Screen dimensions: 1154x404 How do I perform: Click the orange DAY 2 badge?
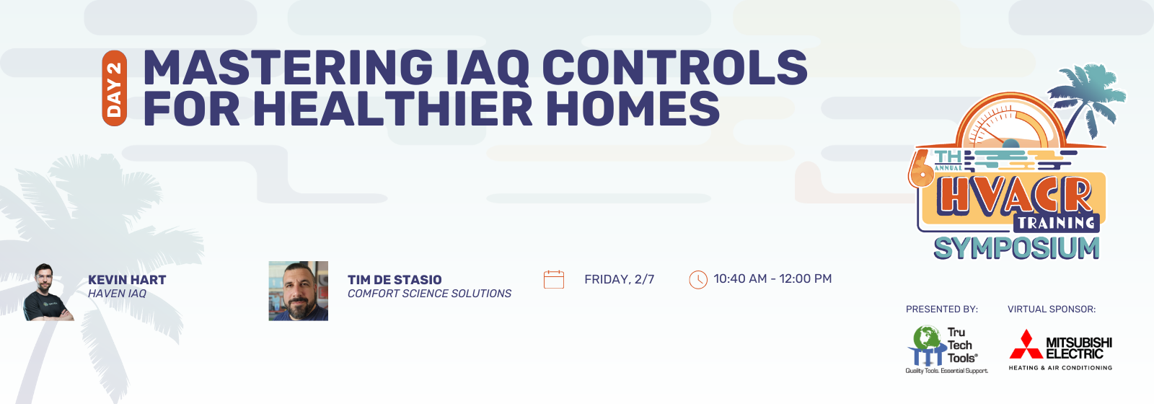pos(115,88)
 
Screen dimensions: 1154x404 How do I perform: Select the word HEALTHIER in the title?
pos(392,108)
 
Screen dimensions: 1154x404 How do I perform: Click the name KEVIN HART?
pos(127,280)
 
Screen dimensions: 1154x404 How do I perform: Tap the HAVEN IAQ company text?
pos(117,293)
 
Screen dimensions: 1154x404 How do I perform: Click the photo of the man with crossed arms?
pos(48,292)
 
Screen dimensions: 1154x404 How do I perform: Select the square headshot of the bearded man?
pos(299,291)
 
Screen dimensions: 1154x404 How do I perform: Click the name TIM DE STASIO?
pos(395,280)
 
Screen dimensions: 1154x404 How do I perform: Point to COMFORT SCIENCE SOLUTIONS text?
pos(429,293)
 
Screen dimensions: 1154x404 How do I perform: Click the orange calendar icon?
pos(554,279)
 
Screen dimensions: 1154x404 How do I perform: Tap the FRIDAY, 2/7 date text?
pos(620,279)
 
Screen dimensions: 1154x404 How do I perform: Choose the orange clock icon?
pos(698,280)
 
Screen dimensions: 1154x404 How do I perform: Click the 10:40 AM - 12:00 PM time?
pos(772,278)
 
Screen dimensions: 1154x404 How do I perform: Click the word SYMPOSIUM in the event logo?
pos(1016,248)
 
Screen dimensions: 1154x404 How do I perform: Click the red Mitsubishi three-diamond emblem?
pos(1026,344)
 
